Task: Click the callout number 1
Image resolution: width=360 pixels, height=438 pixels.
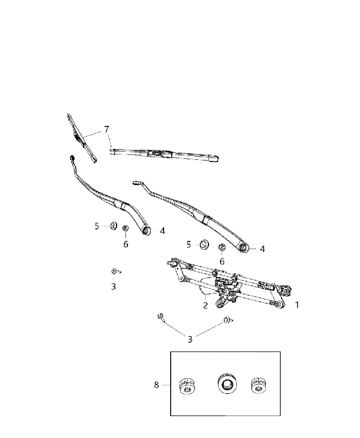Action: (297, 305)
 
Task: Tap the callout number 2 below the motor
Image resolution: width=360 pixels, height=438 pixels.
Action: (205, 306)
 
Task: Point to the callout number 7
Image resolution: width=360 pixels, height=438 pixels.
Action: (106, 129)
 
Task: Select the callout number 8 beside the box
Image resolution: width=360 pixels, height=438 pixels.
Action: (156, 385)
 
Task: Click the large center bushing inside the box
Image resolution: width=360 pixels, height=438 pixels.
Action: (227, 383)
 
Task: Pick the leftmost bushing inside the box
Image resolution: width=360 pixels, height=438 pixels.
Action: (187, 386)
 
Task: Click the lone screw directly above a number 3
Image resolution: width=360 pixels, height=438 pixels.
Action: (116, 271)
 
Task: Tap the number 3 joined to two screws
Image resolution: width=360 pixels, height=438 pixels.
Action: (190, 339)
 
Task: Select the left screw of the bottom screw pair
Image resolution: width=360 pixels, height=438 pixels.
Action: (161, 316)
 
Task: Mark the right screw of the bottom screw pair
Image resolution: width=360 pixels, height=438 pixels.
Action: (228, 320)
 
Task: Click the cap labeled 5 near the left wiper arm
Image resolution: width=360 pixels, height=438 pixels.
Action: (114, 226)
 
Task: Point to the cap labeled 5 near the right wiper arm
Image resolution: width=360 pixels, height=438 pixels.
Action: (205, 245)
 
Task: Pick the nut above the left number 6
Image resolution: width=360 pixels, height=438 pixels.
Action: (126, 228)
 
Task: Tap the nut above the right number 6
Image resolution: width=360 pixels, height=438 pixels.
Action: (222, 247)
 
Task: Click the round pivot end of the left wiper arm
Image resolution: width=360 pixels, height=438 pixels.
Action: (147, 230)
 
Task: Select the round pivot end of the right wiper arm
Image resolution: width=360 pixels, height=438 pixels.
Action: (243, 248)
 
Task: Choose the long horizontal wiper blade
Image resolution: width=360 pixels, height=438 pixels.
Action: (164, 155)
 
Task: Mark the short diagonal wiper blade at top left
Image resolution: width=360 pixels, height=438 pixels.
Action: (82, 139)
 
